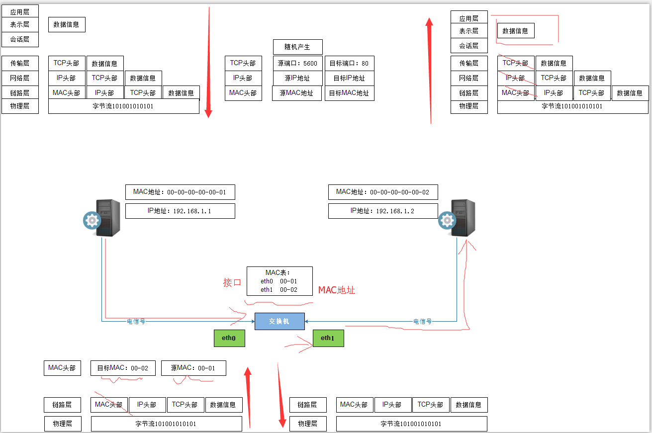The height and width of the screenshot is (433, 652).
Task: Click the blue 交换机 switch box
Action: (279, 321)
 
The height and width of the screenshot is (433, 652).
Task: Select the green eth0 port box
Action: (229, 338)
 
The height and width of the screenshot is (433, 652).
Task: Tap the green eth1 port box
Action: (328, 338)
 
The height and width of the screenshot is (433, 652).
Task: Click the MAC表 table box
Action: (279, 281)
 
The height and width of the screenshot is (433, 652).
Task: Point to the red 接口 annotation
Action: (232, 282)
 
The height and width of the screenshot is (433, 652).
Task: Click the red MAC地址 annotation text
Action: (337, 290)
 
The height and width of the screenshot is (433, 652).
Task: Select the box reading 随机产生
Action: (297, 47)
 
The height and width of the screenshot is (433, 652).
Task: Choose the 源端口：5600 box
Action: (297, 63)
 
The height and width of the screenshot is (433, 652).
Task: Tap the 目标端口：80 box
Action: (349, 63)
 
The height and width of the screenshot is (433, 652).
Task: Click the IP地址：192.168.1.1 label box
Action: (180, 211)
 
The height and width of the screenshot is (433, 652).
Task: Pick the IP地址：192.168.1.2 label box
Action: (382, 211)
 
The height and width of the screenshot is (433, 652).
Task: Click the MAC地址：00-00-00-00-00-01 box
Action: (180, 192)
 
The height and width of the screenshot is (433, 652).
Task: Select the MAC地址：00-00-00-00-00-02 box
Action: (382, 192)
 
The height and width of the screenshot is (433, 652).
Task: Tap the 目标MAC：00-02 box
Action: (123, 368)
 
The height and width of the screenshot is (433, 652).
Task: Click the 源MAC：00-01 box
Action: (193, 368)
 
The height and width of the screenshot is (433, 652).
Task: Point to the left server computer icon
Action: (102, 218)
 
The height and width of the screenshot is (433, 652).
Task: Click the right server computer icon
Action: (457, 218)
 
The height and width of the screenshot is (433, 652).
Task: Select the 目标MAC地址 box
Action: (349, 92)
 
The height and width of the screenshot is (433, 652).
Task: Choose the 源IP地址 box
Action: (297, 78)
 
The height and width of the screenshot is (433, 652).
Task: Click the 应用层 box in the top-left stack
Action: (20, 11)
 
